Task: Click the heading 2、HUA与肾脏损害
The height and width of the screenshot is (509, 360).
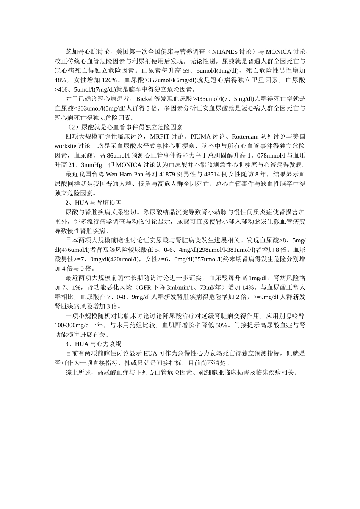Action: click(x=93, y=203)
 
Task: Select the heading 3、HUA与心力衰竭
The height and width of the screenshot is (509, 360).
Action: click(x=93, y=344)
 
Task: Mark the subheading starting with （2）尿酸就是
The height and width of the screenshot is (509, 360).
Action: click(x=124, y=127)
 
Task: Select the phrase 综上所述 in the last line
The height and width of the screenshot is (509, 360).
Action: click(x=78, y=373)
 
